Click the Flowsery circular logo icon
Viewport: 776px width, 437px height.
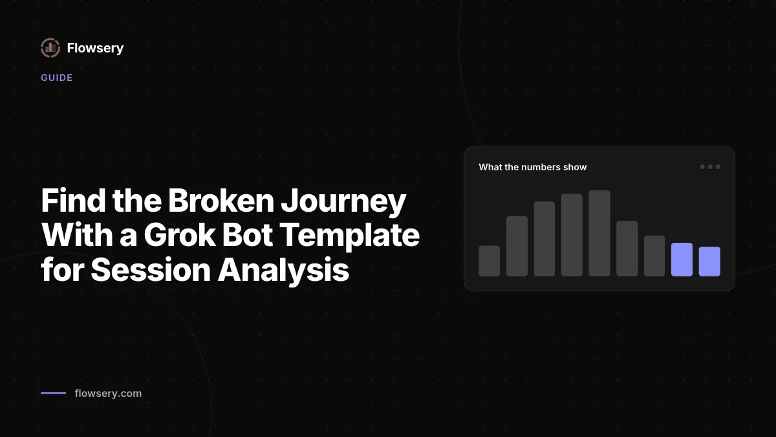[x=50, y=48]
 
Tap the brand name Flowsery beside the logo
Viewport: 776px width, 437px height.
[x=95, y=48]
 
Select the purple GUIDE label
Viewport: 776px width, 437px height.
[x=57, y=78]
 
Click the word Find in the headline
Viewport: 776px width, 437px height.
[x=74, y=201]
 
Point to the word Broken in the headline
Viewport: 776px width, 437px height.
[x=221, y=201]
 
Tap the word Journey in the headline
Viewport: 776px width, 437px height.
[x=343, y=203]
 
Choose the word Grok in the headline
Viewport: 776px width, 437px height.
[x=180, y=235]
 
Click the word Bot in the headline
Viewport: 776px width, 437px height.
[x=247, y=235]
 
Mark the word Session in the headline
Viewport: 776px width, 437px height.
[x=151, y=270]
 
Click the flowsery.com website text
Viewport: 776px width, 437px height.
[x=108, y=394]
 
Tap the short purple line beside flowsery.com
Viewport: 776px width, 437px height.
[x=53, y=393]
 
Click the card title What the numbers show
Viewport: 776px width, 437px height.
[x=533, y=167]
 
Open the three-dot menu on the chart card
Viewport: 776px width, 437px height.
[x=710, y=167]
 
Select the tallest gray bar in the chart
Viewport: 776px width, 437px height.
[x=599, y=233]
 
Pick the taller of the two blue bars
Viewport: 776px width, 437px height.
[x=682, y=260]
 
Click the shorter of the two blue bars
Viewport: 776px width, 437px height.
[x=709, y=262]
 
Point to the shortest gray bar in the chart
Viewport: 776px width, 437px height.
[x=489, y=261]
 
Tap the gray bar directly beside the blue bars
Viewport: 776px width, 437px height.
[x=654, y=256]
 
